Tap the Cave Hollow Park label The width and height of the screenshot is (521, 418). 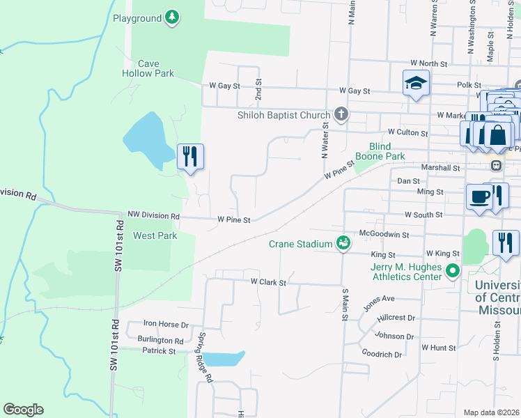[148, 68]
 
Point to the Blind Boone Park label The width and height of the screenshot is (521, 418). [385, 151]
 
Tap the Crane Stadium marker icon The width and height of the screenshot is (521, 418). [343, 243]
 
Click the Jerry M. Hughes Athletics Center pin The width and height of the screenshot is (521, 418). [453, 270]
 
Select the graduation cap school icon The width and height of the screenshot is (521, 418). [416, 83]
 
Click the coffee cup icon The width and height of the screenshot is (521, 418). [479, 196]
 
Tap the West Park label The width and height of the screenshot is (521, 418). [155, 235]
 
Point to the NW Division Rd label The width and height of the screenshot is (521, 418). [153, 216]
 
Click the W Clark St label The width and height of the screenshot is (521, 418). [268, 282]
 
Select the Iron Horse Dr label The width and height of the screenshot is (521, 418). [166, 324]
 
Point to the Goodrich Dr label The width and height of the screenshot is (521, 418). [382, 354]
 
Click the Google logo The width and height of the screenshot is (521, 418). [23, 410]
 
